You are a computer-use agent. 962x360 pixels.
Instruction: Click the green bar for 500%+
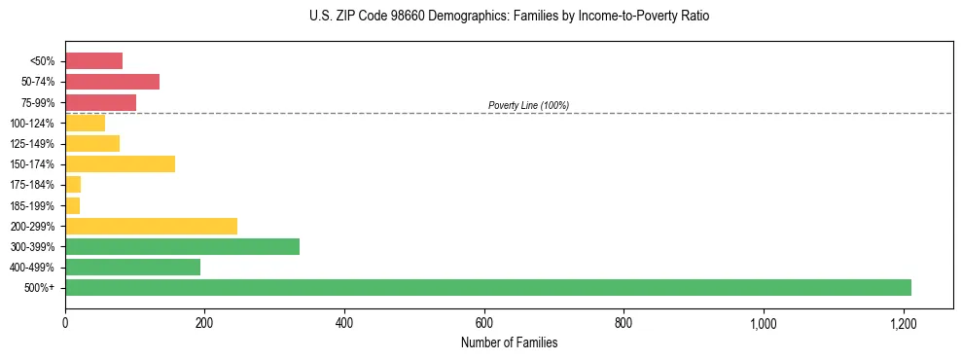click(487, 287)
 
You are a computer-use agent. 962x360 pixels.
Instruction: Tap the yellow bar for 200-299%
click(151, 226)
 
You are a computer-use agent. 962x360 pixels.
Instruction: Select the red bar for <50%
click(93, 61)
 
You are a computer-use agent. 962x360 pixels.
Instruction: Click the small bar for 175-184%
click(73, 184)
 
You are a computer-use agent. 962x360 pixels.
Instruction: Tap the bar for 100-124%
click(85, 123)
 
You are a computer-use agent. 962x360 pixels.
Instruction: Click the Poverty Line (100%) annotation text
click(528, 105)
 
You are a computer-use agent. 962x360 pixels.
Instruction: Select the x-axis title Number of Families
click(510, 342)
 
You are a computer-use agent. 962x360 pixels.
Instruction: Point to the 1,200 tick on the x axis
click(903, 323)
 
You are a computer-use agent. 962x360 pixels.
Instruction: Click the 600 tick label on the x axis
click(483, 323)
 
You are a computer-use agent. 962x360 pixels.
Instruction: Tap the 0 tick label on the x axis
click(65, 323)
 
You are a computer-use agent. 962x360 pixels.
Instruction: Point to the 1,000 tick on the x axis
click(763, 323)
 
